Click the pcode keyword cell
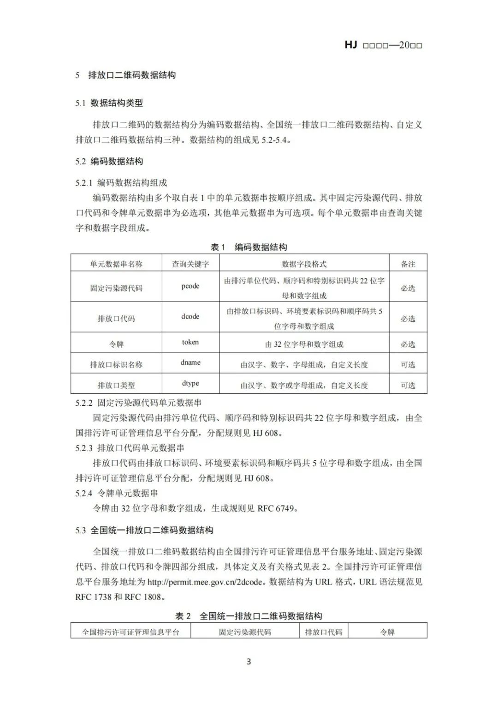190,286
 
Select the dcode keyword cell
190,317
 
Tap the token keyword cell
190,342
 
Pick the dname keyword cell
190,363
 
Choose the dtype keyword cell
190,384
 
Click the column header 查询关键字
190,264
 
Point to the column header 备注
408,264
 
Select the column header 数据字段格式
304,264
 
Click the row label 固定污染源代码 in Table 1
116,288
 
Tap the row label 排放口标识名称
116,365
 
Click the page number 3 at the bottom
249,662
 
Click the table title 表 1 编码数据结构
249,247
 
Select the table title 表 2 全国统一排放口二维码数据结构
249,616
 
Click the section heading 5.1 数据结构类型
109,103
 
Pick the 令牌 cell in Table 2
387,632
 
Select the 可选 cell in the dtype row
408,386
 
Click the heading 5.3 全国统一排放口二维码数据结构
144,530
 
